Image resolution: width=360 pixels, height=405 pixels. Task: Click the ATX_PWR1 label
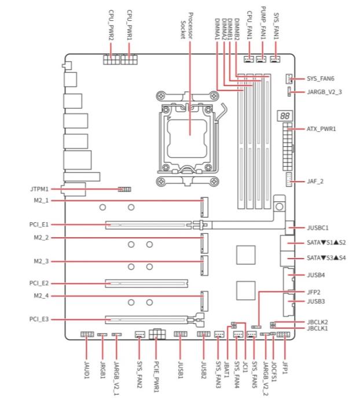321,128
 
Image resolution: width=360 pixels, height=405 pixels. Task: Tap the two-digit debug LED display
285,116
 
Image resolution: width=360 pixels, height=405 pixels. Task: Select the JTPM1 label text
39,189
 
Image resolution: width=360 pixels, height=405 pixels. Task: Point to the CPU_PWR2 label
111,25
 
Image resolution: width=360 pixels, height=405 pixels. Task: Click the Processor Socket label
186,26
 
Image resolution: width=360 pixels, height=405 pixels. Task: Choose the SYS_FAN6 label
320,79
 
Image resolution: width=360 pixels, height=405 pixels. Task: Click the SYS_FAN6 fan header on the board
289,79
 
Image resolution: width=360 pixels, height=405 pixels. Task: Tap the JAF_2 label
315,181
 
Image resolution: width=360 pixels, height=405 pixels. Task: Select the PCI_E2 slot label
39,283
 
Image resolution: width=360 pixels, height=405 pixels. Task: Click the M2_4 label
41,296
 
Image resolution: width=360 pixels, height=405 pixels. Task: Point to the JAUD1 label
87,370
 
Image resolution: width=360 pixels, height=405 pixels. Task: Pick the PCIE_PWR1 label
156,377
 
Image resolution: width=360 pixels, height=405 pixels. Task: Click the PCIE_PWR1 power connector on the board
157,333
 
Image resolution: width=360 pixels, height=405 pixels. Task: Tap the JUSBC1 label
318,228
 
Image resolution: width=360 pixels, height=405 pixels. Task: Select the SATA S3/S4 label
326,258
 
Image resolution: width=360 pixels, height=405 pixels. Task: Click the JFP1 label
285,367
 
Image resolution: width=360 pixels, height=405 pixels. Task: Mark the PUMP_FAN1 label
263,23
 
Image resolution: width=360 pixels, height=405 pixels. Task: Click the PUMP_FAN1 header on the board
261,60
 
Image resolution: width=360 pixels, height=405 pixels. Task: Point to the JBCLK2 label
317,322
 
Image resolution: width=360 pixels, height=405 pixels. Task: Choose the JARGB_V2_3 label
324,92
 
